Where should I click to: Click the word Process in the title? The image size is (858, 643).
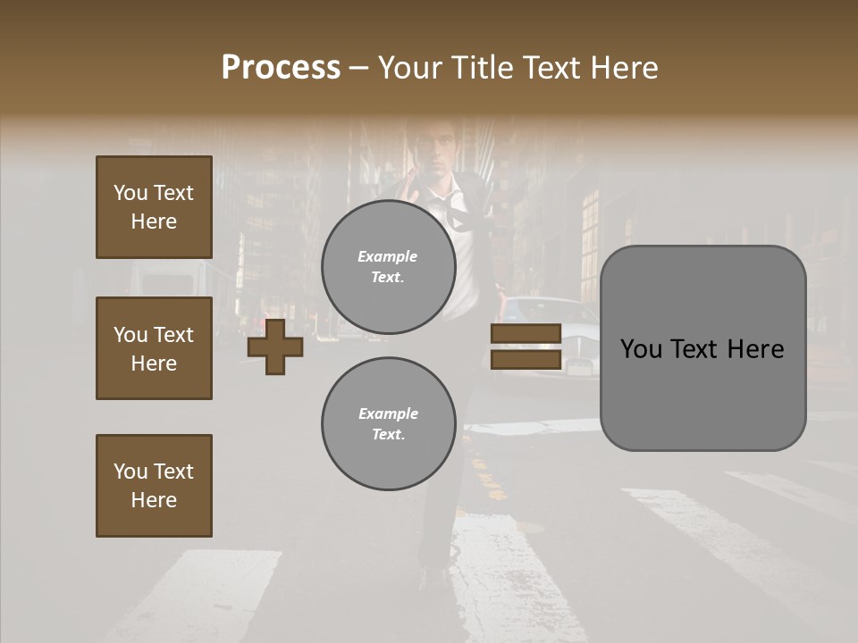[281, 67]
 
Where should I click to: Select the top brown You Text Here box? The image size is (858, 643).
[154, 207]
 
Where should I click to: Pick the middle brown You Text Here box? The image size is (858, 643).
[154, 348]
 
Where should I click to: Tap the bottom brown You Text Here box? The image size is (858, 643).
[154, 486]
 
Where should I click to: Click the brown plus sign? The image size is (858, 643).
[275, 347]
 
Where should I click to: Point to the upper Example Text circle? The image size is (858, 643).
[388, 267]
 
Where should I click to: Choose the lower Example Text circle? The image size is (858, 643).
[388, 424]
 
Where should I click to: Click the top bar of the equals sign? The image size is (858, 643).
[526, 334]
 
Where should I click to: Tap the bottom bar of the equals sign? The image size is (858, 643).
[526, 359]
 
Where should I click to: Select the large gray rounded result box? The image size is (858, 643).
[702, 348]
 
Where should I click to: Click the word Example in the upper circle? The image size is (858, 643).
[388, 256]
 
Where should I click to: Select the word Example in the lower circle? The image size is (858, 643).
[388, 413]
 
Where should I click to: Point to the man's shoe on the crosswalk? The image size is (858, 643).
[436, 576]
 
